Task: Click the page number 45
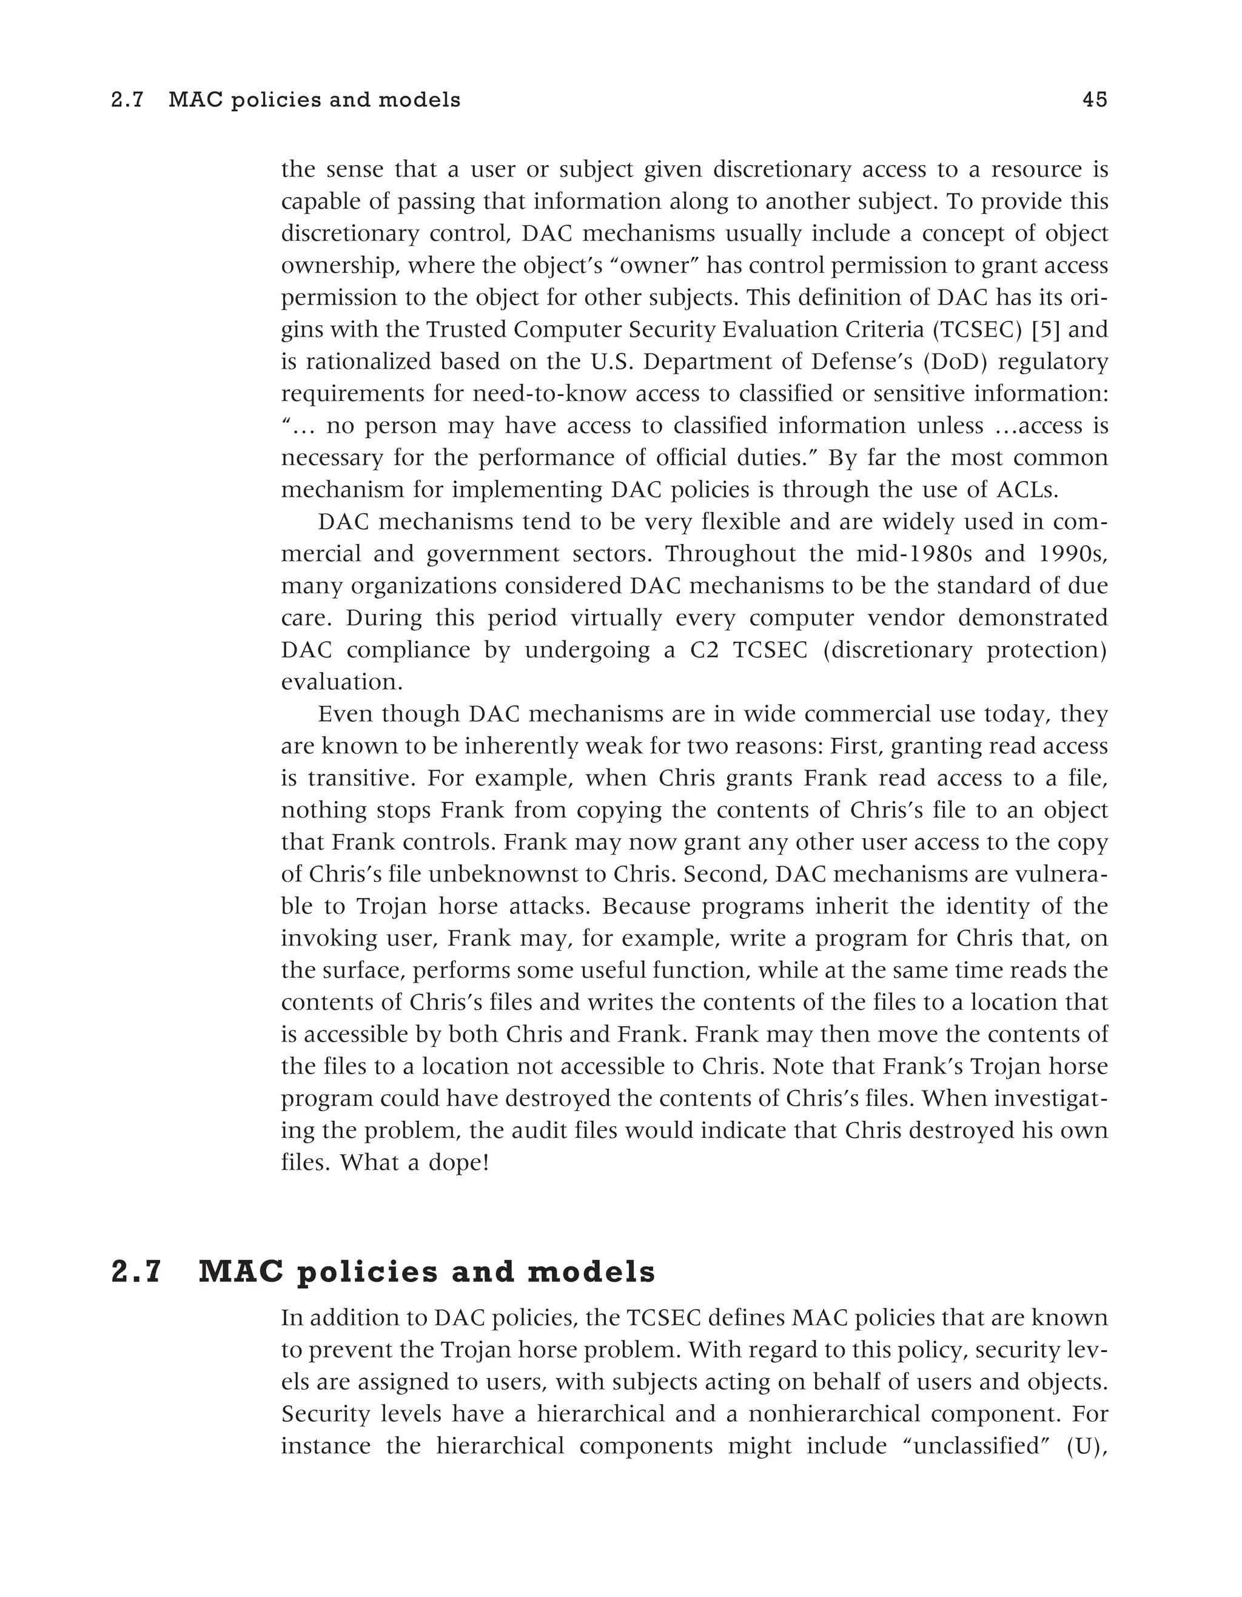[x=1095, y=99]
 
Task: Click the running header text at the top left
[x=286, y=99]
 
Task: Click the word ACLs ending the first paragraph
[x=1027, y=489]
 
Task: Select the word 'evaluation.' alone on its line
[x=342, y=682]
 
